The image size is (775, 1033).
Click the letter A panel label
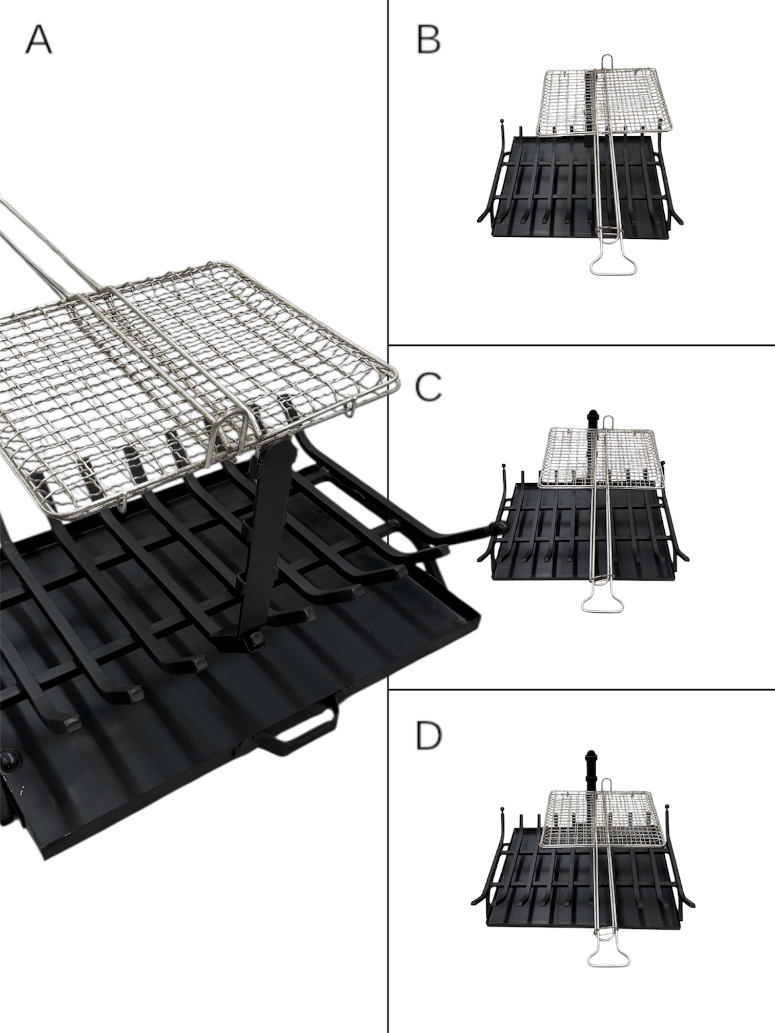pos(38,40)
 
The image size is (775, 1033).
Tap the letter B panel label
pos(429,40)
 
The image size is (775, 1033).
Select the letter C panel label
pos(429,387)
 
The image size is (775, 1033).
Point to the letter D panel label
pos(429,736)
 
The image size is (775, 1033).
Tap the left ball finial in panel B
pos(502,121)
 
